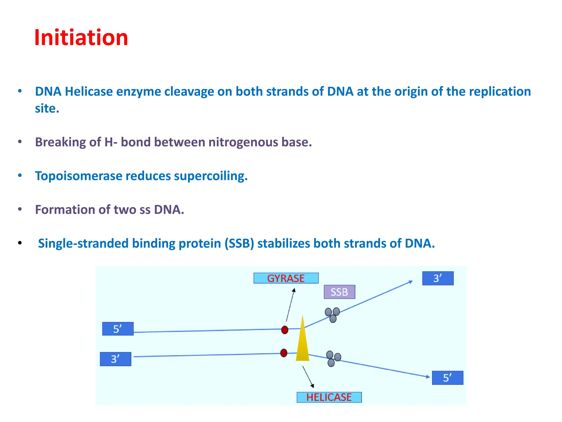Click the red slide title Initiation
pyautogui.click(x=81, y=38)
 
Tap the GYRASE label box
pyautogui.click(x=286, y=278)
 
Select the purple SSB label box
pyautogui.click(x=339, y=292)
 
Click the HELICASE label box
pyautogui.click(x=329, y=397)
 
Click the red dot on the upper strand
pyautogui.click(x=285, y=330)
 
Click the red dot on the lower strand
pyautogui.click(x=284, y=353)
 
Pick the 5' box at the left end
pyautogui.click(x=118, y=329)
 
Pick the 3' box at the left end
pyautogui.click(x=116, y=359)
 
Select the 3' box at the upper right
pyautogui.click(x=438, y=278)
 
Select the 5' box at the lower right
pyautogui.click(x=448, y=378)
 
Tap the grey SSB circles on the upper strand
pyautogui.click(x=332, y=315)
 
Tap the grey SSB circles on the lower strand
pyautogui.click(x=333, y=359)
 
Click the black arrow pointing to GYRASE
pyautogui.click(x=290, y=305)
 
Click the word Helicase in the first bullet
pyautogui.click(x=89, y=91)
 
